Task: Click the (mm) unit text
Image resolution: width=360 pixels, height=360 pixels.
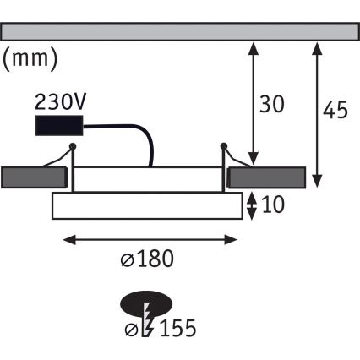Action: (x=30, y=60)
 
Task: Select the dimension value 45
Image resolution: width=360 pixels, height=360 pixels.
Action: (x=335, y=110)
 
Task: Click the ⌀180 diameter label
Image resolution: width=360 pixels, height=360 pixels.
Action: (x=153, y=259)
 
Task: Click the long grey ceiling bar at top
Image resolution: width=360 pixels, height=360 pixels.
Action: (x=179, y=30)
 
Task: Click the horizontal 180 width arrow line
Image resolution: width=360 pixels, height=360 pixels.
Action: (x=152, y=240)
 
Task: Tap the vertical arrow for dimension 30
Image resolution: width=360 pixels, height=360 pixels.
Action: (x=253, y=101)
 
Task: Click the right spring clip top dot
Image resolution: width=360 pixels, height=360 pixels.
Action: (x=225, y=147)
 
